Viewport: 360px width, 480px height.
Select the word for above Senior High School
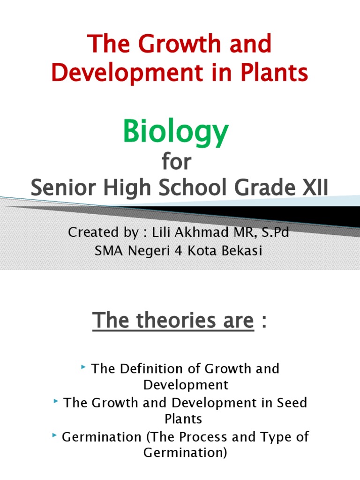[x=177, y=162]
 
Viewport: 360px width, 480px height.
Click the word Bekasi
[x=243, y=251]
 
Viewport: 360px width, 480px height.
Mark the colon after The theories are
[x=265, y=322]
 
